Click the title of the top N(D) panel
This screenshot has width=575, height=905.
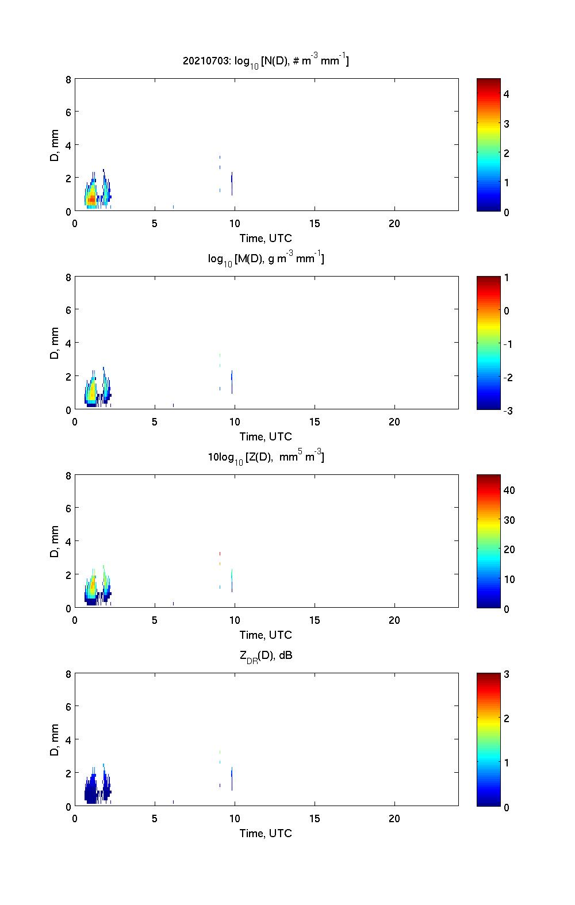(266, 60)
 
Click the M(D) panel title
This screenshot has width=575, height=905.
(266, 259)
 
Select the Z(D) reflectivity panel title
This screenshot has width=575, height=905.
(266, 457)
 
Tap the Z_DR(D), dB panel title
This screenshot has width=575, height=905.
(266, 655)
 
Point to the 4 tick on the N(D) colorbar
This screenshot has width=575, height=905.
(507, 94)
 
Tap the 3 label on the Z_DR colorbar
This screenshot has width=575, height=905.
(507, 674)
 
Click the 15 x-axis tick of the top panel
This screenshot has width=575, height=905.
(315, 224)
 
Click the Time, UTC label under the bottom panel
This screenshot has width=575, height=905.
(266, 833)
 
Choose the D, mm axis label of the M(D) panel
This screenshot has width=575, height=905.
(55, 343)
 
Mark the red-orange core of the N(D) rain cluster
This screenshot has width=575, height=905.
(91, 199)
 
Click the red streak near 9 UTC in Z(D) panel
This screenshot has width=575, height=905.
(220, 553)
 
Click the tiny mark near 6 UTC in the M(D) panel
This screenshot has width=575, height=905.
(173, 405)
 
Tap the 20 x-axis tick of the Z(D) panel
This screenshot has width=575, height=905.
(394, 620)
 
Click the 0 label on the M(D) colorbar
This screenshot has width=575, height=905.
(507, 311)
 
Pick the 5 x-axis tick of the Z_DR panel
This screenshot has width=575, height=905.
(155, 819)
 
